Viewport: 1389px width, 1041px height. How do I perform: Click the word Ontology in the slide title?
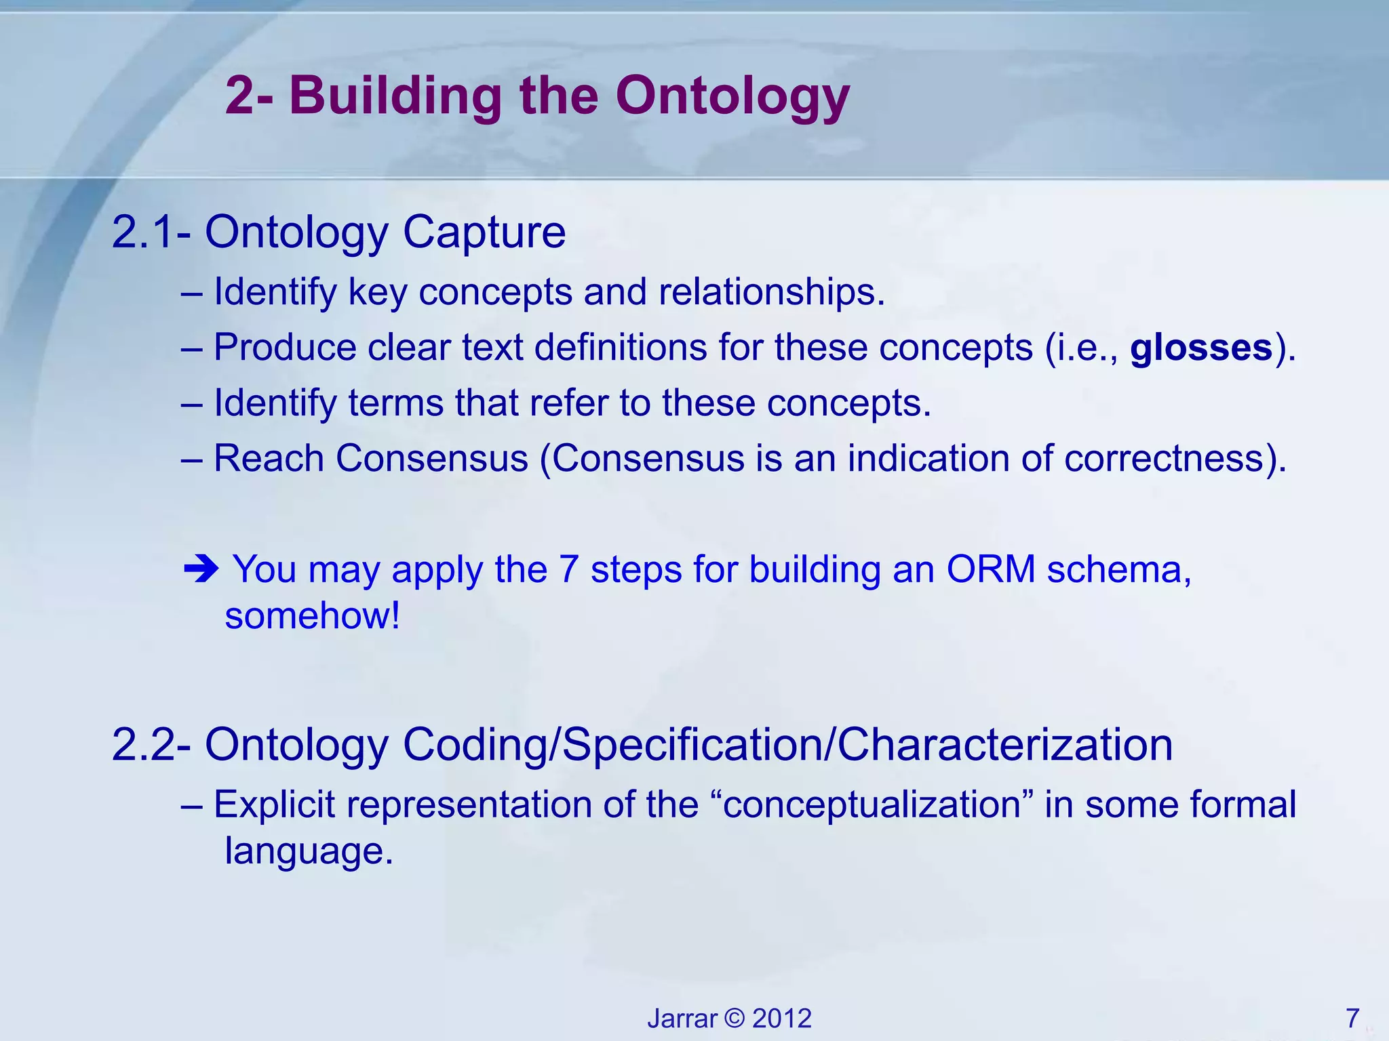732,96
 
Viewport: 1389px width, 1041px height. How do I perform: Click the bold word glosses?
1200,348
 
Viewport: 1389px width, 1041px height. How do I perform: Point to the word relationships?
771,292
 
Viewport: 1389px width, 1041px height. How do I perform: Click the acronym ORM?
990,569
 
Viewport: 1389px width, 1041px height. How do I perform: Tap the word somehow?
313,616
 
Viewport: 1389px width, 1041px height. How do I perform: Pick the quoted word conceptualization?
872,805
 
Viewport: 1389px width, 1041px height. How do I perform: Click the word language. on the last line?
309,851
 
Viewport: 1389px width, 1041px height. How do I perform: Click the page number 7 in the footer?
1352,1018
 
